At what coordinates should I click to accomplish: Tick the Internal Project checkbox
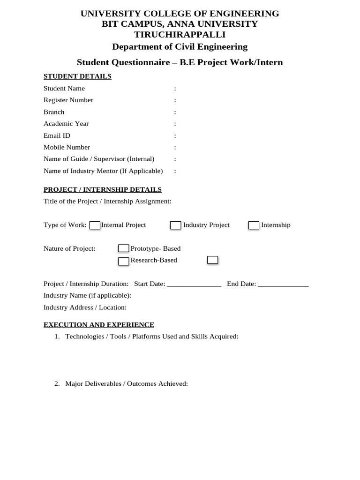(95, 225)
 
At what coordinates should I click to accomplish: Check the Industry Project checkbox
(176, 225)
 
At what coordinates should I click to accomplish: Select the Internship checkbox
(254, 225)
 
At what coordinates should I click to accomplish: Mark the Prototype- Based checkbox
(124, 248)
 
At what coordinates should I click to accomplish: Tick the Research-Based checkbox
(124, 261)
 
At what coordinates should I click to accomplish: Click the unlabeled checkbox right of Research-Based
(212, 260)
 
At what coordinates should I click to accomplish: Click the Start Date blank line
(194, 284)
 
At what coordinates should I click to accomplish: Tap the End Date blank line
(283, 284)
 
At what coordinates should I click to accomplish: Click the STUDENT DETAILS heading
(77, 76)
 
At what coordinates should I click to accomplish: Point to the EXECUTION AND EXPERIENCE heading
(99, 324)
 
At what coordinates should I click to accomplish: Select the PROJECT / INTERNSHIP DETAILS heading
(103, 189)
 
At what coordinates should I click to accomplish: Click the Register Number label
(68, 100)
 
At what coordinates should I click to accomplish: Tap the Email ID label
(57, 135)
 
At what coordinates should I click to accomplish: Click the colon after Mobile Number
(175, 147)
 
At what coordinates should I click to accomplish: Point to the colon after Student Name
(175, 88)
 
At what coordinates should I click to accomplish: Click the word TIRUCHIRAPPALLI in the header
(180, 34)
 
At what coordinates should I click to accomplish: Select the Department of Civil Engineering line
(180, 46)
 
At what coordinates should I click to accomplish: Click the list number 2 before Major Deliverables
(57, 383)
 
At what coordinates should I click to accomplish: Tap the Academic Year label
(66, 124)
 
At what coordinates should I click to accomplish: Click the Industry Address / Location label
(85, 307)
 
